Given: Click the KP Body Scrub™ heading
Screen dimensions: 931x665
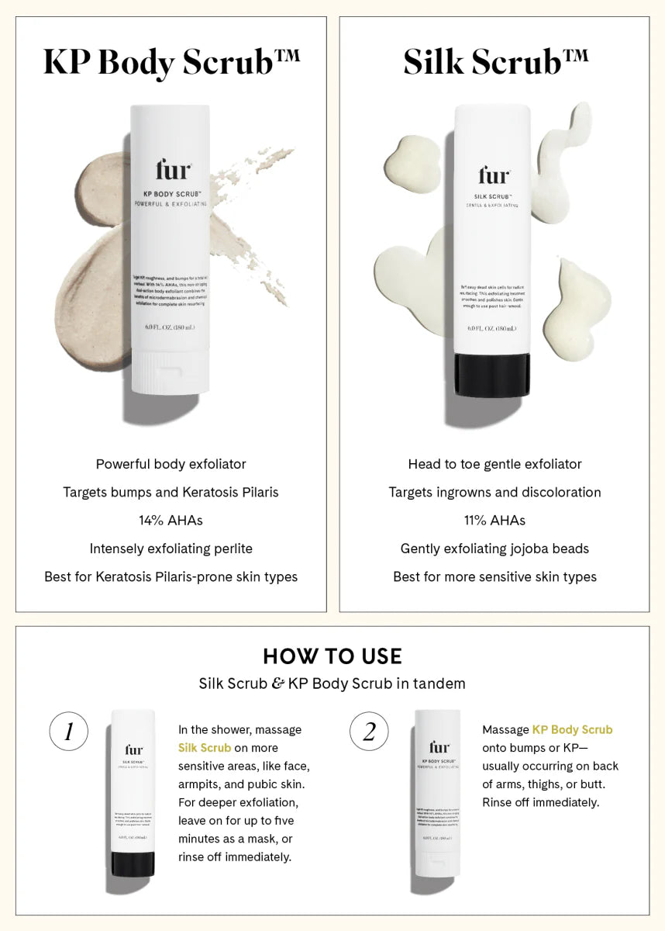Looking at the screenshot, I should click(171, 63).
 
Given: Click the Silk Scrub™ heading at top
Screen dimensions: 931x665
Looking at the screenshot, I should click(494, 63).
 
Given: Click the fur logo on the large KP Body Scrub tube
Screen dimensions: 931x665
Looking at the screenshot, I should click(171, 170).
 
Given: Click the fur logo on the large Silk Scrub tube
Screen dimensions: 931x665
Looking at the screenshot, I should click(493, 175).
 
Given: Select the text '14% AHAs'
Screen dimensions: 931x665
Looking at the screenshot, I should click(171, 521).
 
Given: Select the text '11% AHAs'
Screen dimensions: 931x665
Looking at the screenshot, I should click(494, 521).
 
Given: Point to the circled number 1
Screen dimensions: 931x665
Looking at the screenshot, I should click(68, 732).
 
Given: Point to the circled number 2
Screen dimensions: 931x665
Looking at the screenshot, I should click(369, 732).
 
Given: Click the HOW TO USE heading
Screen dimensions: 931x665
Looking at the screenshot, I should click(332, 656).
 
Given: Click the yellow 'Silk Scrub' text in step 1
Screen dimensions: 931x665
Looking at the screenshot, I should click(205, 748).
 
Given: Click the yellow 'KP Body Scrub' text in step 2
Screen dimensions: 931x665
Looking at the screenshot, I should click(572, 729).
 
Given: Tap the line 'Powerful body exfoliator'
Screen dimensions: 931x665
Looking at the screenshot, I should click(171, 464).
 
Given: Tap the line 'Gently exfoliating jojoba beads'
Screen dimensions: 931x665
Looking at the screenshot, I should click(494, 549).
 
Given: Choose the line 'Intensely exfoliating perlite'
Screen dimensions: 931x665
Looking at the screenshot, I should click(171, 549).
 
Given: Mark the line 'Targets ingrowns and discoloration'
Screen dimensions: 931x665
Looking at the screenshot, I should click(494, 493).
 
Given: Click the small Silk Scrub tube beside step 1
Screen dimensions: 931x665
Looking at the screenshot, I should click(133, 791).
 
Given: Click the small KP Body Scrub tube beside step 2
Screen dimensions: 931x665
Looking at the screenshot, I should click(438, 791).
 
